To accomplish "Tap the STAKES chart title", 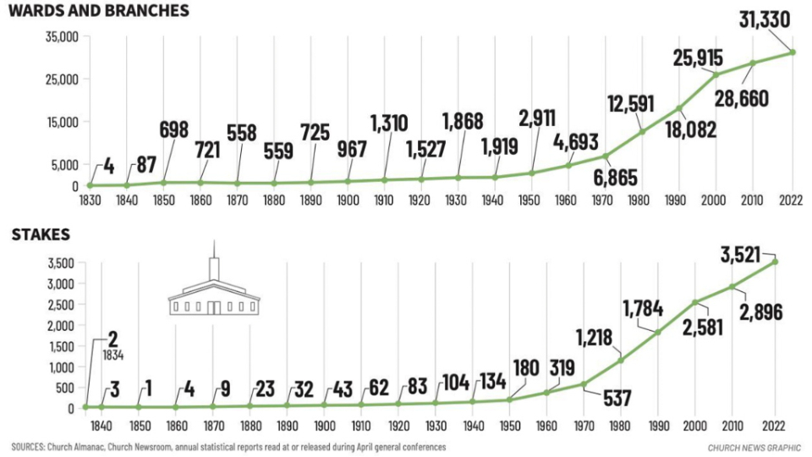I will tap(41, 234).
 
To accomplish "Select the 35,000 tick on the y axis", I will tap(61, 37).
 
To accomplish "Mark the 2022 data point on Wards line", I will tap(793, 52).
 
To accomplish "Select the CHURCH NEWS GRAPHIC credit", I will tap(755, 446).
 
